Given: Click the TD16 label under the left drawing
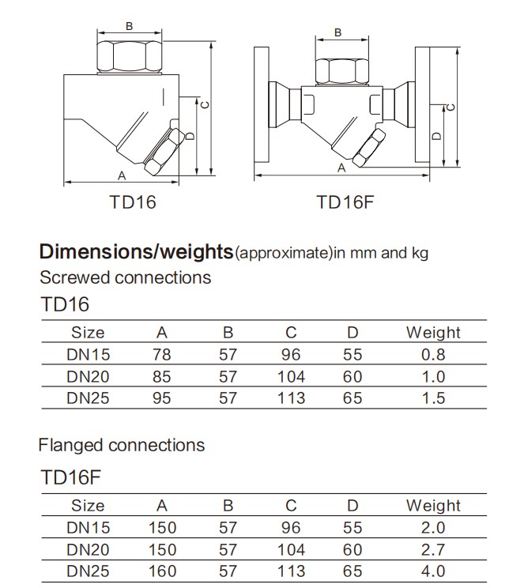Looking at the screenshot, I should pyautogui.click(x=133, y=202).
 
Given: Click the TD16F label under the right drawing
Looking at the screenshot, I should pyautogui.click(x=344, y=202).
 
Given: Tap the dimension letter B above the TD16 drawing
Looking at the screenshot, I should pyautogui.click(x=130, y=26).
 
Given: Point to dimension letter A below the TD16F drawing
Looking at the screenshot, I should pyautogui.click(x=341, y=168).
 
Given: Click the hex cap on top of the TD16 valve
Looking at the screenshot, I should pyautogui.click(x=130, y=57).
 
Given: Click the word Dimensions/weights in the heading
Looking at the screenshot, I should pyautogui.click(x=135, y=253).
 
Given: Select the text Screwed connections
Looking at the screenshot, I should pyautogui.click(x=125, y=277).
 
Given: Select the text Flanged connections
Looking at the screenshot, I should pyautogui.click(x=121, y=445).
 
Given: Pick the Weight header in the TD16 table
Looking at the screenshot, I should pyautogui.click(x=432, y=333).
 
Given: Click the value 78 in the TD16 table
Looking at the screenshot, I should pyautogui.click(x=161, y=355).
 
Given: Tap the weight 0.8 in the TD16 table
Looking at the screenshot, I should pyautogui.click(x=433, y=355).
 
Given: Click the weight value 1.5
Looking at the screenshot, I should pyautogui.click(x=433, y=398).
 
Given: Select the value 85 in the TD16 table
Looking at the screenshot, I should pyautogui.click(x=161, y=377).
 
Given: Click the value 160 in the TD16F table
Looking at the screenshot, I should pyautogui.click(x=162, y=571).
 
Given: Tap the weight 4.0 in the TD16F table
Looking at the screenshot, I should pyautogui.click(x=433, y=571).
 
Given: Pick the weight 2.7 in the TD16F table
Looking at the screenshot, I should pyautogui.click(x=433, y=549).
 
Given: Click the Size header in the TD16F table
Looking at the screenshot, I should pyautogui.click(x=88, y=506).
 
